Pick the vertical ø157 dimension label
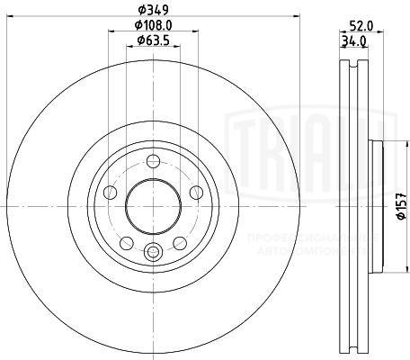pos(402,208)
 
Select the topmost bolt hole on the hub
pos(153,162)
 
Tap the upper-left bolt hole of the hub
pos(111,192)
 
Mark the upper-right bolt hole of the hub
pos(195,193)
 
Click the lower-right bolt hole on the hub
pos(179,243)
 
